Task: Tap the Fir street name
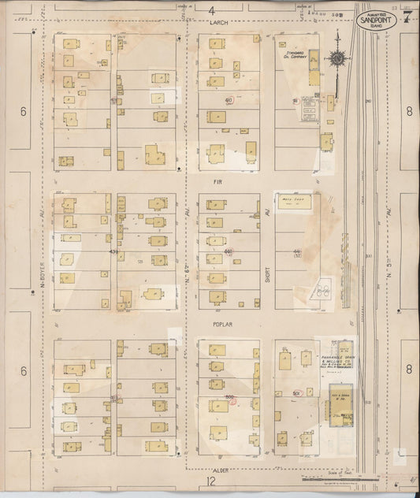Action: pos(218,180)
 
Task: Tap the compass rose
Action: pos(337,58)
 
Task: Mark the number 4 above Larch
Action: pos(212,9)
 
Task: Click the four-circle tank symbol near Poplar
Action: pos(319,289)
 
